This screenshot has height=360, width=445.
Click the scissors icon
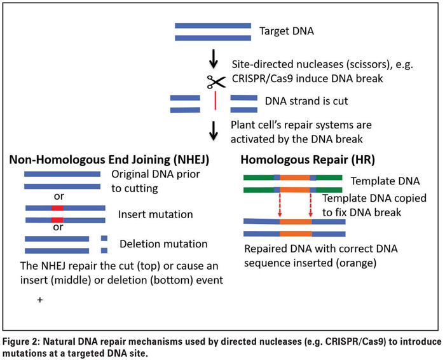pos(216,82)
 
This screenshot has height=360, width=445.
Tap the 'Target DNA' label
pos(287,31)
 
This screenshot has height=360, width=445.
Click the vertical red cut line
pos(216,100)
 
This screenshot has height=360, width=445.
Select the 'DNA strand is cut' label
pos(306,101)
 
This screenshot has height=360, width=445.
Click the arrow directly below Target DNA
pos(214,59)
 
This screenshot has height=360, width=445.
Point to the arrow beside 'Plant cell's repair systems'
pos(214,131)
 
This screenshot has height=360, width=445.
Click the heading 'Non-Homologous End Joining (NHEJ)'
pos(109,160)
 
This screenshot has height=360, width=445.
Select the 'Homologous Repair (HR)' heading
pos(308,160)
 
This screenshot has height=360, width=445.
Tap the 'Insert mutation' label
pos(156,214)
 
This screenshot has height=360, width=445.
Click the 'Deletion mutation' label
pos(163,244)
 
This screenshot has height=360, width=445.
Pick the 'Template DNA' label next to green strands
pos(385,181)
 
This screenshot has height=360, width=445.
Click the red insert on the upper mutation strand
pos(57,208)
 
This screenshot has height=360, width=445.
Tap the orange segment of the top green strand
pos(295,177)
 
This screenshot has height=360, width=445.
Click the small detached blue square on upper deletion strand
pos(104,239)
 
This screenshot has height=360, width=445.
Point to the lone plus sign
pos(40,300)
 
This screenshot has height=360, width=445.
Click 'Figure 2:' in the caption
pos(21,342)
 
